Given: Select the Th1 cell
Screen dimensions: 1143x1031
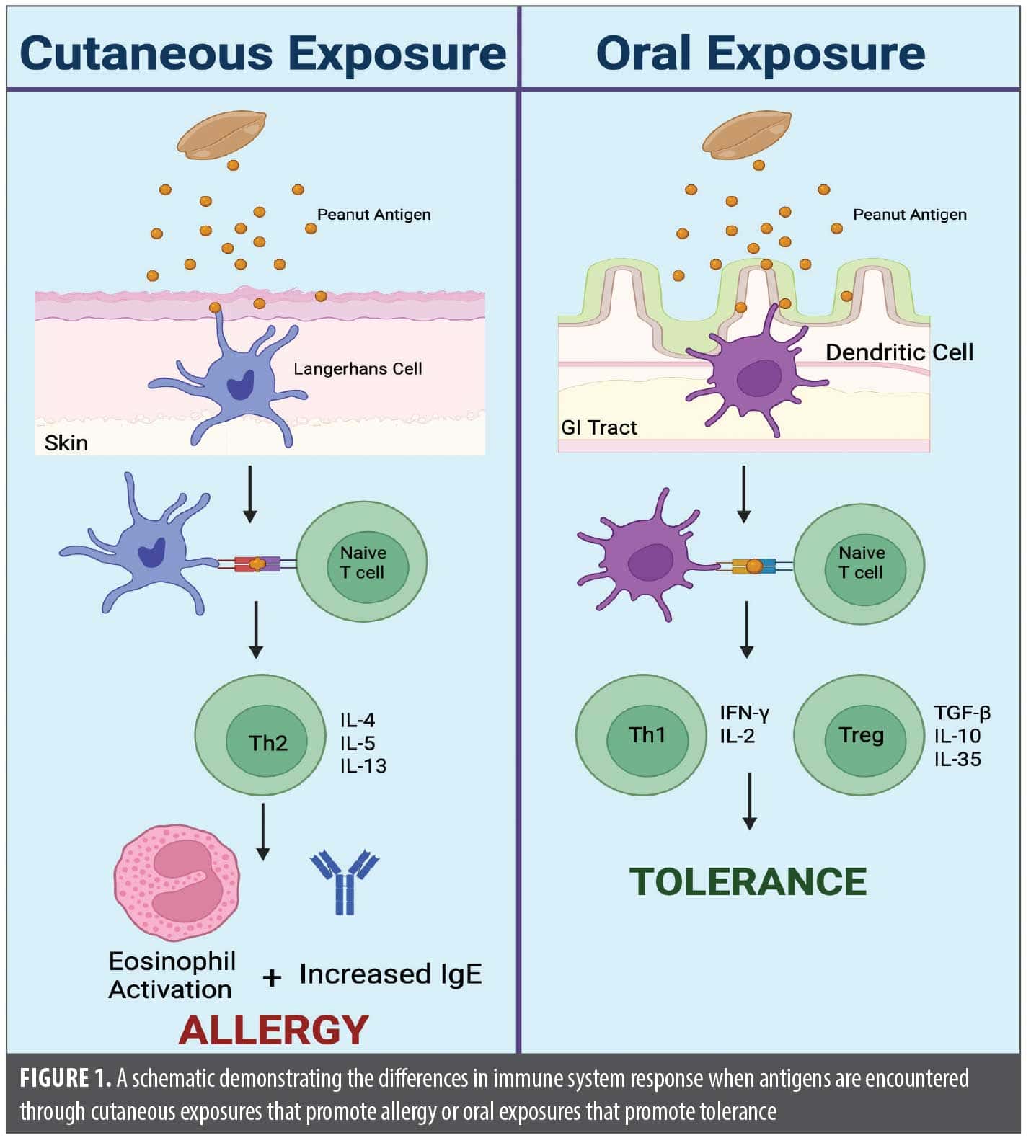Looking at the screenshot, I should coord(641,735).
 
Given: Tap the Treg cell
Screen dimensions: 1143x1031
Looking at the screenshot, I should coord(859,735).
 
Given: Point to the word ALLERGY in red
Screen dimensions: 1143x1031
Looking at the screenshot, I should coord(273,1029).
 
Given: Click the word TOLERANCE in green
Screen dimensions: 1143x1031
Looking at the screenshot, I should coord(748,882).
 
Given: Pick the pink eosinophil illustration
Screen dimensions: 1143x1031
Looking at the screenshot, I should coord(176,884).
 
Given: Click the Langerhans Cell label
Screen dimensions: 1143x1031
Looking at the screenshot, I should coord(358,369).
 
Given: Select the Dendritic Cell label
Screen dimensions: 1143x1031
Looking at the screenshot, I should coord(899,352).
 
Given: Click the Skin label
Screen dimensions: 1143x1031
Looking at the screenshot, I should coord(66,442).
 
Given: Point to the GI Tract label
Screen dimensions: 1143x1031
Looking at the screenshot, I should coord(599,427).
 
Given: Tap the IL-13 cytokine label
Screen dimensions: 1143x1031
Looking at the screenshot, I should coord(363,765).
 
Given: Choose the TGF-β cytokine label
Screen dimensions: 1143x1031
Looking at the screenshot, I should coord(962,713).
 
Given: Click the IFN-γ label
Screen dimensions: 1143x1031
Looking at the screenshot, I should coord(744,713).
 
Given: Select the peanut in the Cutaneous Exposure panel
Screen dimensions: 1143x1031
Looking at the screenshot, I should coord(221,134).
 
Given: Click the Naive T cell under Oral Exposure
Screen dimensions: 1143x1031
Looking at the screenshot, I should coord(859,563).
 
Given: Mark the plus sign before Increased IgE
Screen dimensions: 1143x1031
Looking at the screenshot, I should coord(272,977).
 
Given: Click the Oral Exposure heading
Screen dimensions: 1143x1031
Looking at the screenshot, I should coord(761,53).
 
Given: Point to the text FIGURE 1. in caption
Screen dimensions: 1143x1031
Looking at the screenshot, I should coord(66,1078).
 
